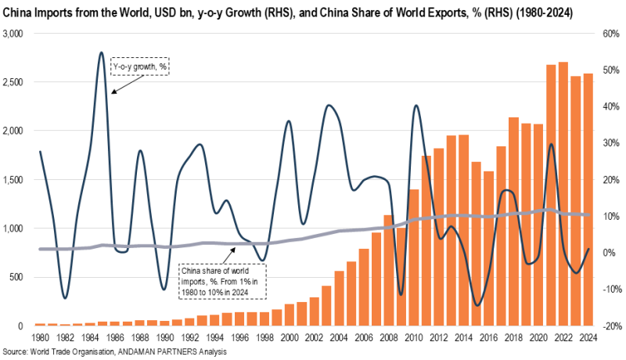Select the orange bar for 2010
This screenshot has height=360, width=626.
[x=414, y=257]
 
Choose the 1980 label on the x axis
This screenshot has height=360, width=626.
[x=41, y=338]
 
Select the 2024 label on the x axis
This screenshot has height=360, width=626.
[x=588, y=338]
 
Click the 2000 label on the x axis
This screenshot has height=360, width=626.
[x=290, y=338]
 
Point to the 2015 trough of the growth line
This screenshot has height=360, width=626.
[x=477, y=305]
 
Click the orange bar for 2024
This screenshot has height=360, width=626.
[x=588, y=200]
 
